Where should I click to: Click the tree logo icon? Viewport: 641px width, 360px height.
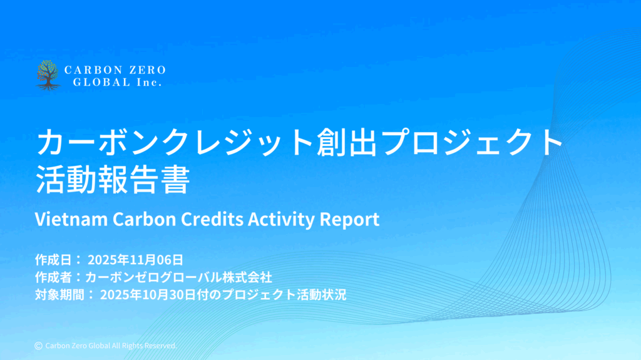(48, 75)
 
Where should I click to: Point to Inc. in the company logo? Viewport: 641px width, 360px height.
(149, 82)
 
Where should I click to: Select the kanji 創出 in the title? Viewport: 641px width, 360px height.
(347, 142)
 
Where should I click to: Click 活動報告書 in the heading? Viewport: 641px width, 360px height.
(113, 180)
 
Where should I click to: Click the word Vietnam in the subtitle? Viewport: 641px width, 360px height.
(71, 219)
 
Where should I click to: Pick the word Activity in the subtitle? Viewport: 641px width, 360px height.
(281, 220)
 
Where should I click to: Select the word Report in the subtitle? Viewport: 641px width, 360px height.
(349, 220)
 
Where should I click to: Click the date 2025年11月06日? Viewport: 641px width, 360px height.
(135, 260)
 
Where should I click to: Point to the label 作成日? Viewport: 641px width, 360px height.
(54, 260)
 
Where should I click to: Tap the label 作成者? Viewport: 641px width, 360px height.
(54, 277)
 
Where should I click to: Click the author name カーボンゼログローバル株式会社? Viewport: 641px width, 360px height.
(178, 277)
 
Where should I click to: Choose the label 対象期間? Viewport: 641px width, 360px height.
(59, 294)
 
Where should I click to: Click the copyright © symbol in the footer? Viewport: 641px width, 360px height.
(38, 346)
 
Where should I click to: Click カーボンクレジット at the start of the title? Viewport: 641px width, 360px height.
(176, 142)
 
